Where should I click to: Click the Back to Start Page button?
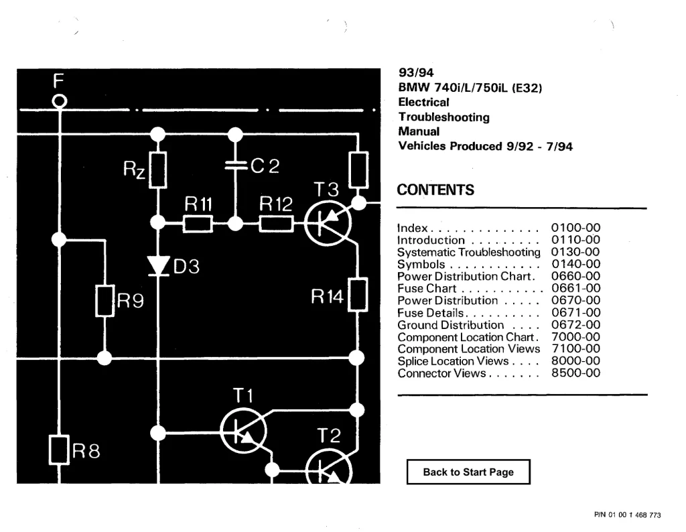[x=468, y=472]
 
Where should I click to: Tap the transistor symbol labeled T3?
[x=328, y=223]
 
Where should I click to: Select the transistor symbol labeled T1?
[x=243, y=431]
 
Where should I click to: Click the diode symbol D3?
[x=158, y=265]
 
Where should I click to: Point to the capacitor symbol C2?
[x=235, y=165]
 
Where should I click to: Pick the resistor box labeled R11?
[x=198, y=224]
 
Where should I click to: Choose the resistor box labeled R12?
[x=276, y=224]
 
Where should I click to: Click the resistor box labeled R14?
[x=358, y=295]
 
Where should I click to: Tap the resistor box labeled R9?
[x=105, y=301]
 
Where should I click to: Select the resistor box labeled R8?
[x=59, y=450]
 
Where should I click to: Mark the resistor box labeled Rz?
[x=158, y=170]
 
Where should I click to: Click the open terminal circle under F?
[x=60, y=101]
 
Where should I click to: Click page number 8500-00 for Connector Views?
[x=575, y=373]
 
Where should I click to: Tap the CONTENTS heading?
[x=435, y=190]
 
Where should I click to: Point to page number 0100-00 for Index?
[x=575, y=228]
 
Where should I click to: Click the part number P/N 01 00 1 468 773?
[x=627, y=515]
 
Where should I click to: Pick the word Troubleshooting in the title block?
[x=443, y=117]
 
